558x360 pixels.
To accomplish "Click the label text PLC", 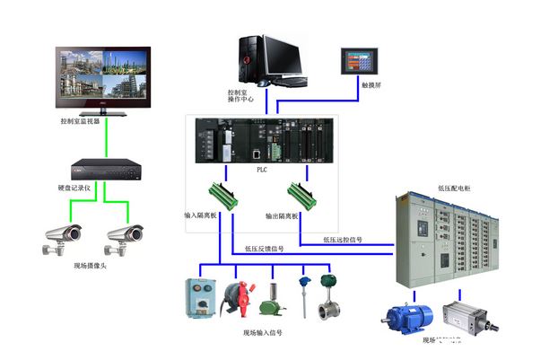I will pyautogui.click(x=261, y=169).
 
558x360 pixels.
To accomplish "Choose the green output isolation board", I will pyautogui.click(x=299, y=195).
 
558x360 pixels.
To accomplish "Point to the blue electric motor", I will pyautogui.click(x=408, y=317).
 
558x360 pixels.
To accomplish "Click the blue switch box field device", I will pyautogui.click(x=202, y=297).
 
